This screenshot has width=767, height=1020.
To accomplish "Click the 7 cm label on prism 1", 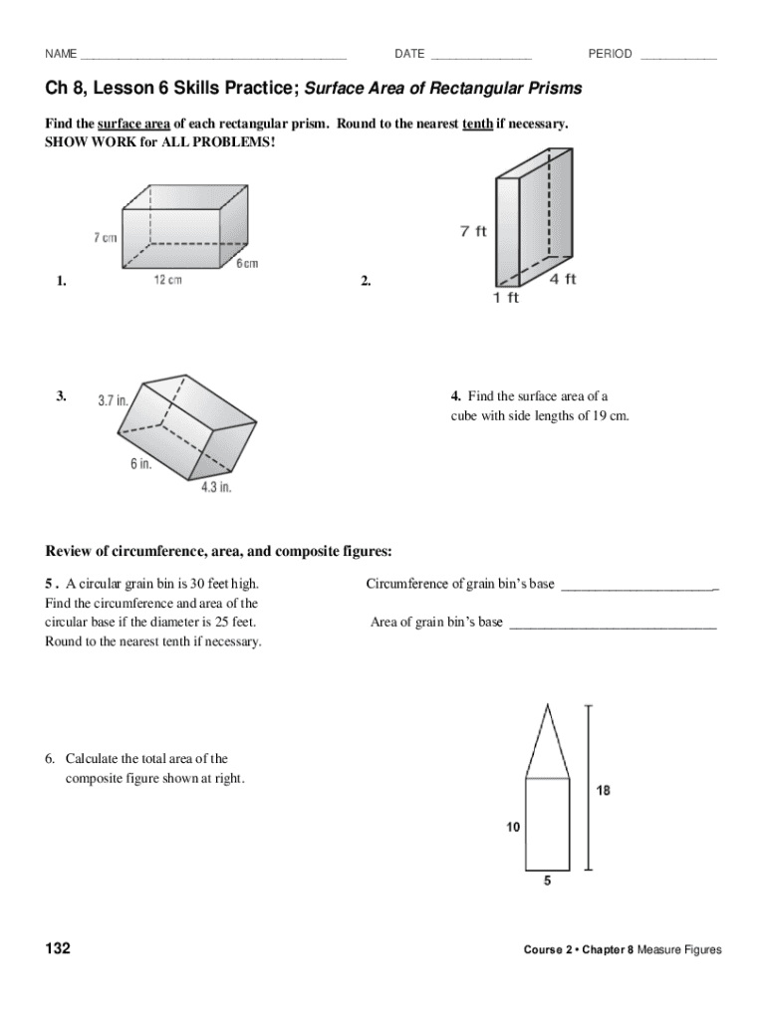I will point(106,237).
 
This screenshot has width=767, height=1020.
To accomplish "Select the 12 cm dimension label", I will point(167,280).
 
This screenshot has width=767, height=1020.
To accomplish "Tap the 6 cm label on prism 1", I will point(247,264).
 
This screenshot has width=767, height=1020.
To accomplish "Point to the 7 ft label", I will point(473,231).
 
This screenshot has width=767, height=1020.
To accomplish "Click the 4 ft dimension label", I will point(563,280).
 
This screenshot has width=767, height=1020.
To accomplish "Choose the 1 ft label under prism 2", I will point(506,298).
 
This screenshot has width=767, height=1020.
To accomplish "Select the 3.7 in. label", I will point(113,400).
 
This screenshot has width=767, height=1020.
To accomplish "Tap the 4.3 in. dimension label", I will point(216,487).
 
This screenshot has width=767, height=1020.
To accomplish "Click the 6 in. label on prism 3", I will point(140,464).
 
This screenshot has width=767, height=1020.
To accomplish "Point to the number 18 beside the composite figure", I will point(604,791).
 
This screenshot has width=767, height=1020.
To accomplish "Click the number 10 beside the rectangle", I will point(512,826).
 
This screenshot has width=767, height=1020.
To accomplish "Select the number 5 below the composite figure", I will point(547,881).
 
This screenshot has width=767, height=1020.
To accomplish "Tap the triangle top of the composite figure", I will point(547,742).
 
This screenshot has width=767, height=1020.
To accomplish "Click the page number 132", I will point(58,948).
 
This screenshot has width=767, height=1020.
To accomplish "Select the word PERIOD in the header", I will point(610,54).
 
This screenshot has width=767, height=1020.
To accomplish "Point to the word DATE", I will point(409,54).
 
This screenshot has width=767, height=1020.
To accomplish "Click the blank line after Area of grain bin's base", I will point(613,624).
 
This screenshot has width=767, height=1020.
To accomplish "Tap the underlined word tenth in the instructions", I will point(477,124).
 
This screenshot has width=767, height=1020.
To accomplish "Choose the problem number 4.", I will point(455,395).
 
